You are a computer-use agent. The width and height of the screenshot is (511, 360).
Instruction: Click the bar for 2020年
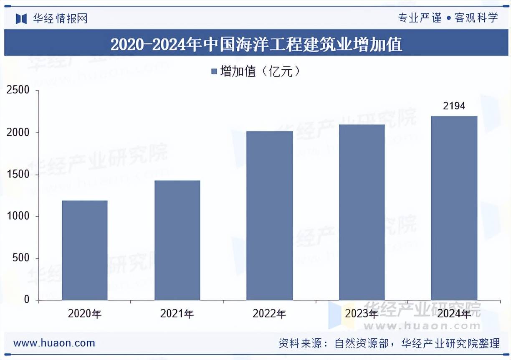pos(85,250)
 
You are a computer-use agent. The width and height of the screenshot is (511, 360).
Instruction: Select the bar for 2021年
pos(177,240)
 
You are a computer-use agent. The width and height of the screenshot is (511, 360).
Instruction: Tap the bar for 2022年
pos(269,215)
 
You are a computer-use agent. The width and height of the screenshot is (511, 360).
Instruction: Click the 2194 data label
pos(454,106)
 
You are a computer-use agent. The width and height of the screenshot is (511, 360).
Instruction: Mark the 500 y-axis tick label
pos(21,258)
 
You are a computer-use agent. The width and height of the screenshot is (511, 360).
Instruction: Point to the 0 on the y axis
pos(27,300)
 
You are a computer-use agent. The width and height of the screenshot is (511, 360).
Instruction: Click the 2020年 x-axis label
pos(85,314)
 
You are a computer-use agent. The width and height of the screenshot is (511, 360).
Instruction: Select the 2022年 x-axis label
pos(269,314)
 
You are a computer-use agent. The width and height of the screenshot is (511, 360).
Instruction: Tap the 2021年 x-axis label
pos(177,314)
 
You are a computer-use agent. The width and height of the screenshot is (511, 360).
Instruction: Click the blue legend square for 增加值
pos(214,72)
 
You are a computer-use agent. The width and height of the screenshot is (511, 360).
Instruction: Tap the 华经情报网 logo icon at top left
pos(21,18)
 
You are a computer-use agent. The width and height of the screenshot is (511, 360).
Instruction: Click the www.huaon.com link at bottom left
pos(54,343)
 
